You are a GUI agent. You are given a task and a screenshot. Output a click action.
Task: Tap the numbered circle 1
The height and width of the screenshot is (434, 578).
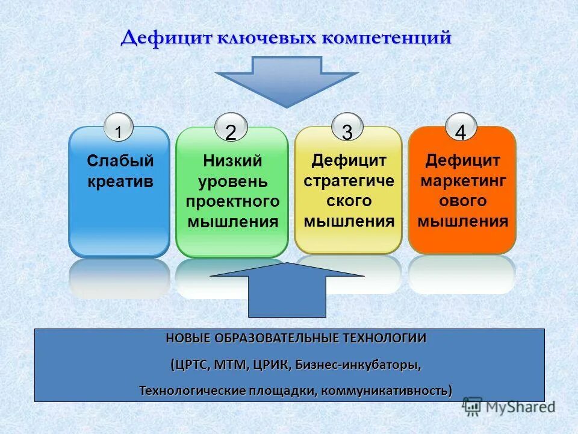click(x=119, y=130)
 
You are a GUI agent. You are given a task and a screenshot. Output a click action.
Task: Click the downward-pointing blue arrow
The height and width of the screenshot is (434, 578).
click(x=287, y=78)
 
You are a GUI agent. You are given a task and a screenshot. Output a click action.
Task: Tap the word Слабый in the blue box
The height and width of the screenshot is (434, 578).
click(x=120, y=161)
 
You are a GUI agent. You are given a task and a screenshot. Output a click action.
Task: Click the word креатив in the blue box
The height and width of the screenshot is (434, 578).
click(x=120, y=181)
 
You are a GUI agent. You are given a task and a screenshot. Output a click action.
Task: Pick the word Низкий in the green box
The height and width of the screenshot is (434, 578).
click(x=232, y=161)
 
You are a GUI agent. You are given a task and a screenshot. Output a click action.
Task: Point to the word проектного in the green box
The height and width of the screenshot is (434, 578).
click(x=232, y=201)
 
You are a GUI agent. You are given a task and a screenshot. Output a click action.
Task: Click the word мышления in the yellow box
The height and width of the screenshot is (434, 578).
click(x=349, y=221)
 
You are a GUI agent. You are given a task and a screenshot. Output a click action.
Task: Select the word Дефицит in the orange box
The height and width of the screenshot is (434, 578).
click(x=462, y=161)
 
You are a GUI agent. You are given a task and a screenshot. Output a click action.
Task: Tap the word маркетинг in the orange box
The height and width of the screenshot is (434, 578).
click(x=462, y=181)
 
